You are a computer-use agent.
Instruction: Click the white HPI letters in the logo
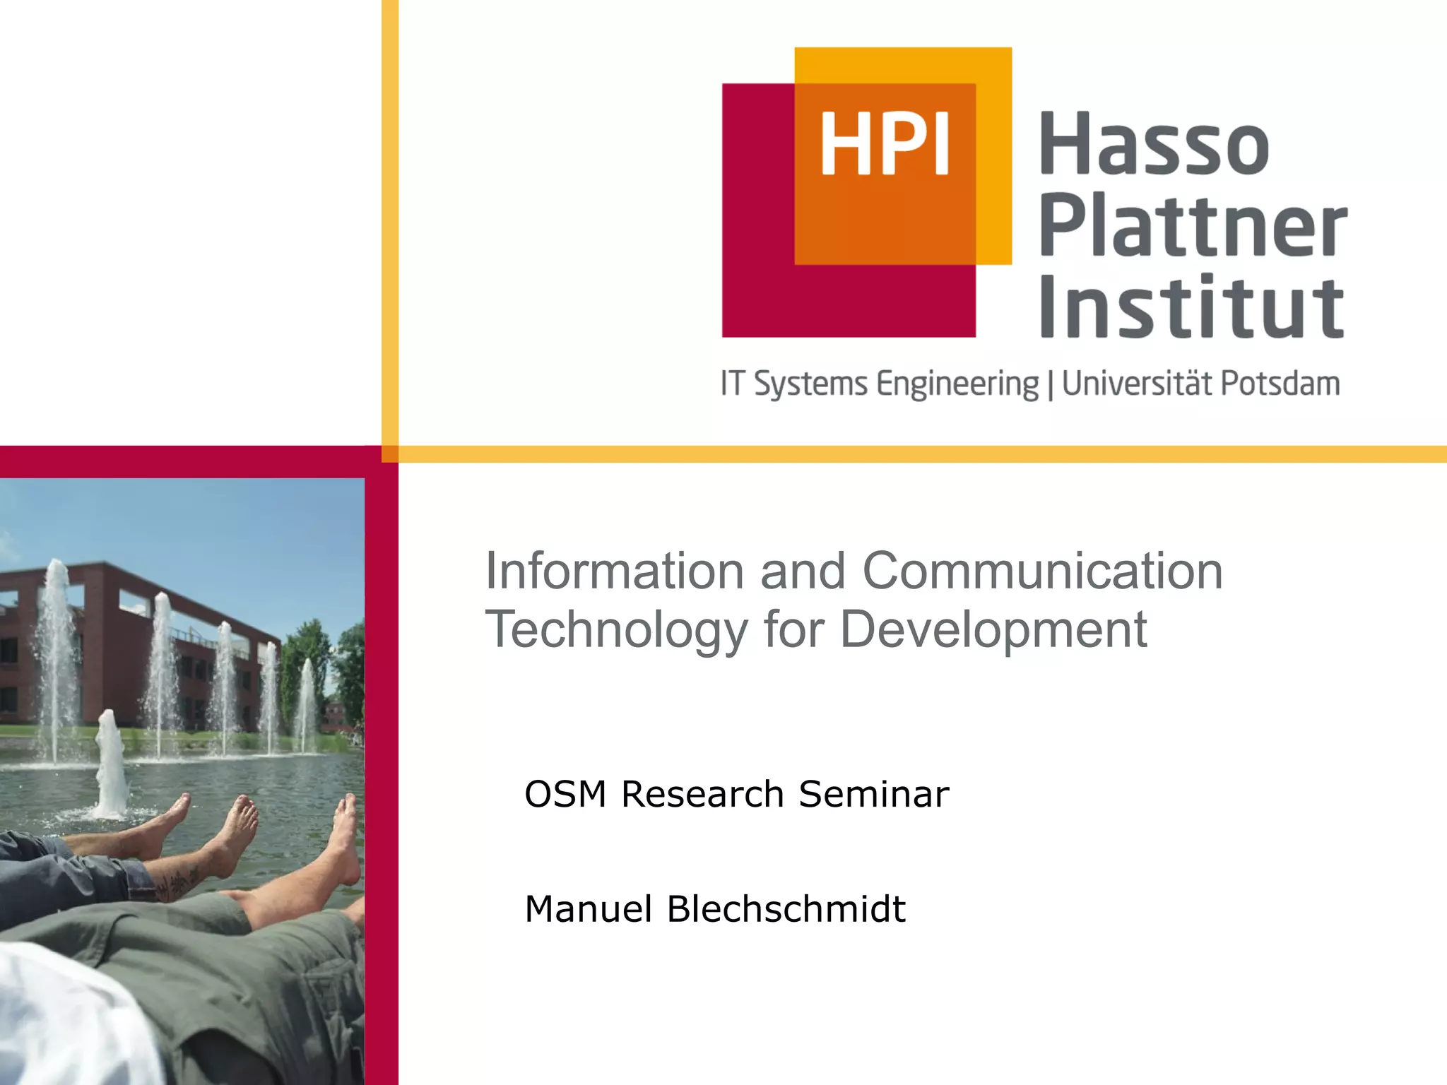click(884, 145)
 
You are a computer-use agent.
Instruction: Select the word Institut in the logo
click(1191, 308)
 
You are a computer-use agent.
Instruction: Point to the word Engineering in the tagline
click(957, 385)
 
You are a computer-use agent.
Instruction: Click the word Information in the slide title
click(615, 571)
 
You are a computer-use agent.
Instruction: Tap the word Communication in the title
click(1042, 571)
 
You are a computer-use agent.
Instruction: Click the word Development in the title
click(993, 630)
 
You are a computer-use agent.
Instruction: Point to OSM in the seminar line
click(565, 794)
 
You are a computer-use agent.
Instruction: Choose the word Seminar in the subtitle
click(873, 794)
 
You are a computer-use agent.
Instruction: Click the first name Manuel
click(588, 909)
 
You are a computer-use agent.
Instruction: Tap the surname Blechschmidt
click(786, 909)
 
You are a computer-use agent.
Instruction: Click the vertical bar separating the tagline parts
click(1051, 385)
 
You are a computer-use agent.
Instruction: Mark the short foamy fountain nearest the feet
click(110, 766)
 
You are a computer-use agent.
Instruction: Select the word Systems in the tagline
click(810, 385)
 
